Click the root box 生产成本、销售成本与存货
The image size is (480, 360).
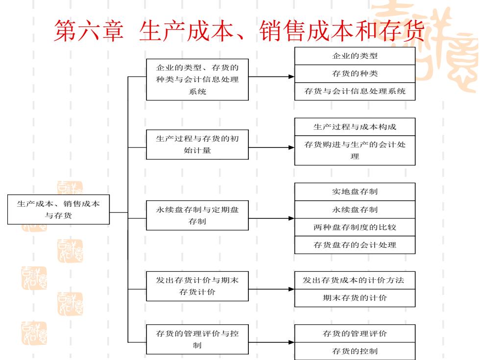58,210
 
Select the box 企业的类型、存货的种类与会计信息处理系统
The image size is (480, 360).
197,79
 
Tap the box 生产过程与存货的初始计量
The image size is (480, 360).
197,144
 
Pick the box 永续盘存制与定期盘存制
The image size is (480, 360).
197,215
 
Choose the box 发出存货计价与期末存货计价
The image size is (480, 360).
197,286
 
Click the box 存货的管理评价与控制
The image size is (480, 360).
197,339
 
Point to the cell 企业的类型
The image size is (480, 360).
355,56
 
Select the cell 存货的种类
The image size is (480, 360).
355,73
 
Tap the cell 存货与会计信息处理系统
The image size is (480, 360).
355,91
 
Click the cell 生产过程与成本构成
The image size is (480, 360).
355,127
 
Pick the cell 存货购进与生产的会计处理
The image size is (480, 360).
355,150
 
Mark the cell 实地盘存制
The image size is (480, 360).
355,192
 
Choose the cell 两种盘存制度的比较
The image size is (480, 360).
355,227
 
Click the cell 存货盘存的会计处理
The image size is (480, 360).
355,245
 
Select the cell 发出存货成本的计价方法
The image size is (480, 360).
355,280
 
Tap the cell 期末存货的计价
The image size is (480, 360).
355,298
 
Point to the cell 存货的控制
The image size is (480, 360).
355,351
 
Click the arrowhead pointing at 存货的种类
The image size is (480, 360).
291,76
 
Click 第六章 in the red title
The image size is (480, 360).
89,30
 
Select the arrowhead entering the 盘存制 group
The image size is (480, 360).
291,218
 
